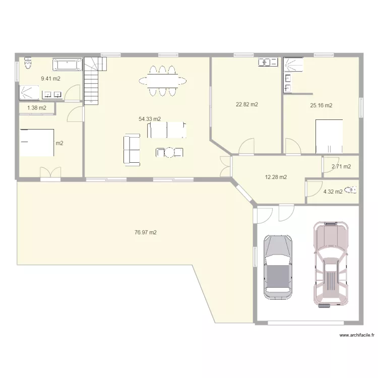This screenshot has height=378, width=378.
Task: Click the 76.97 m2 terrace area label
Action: click(146, 232)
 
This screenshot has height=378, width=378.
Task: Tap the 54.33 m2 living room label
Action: click(150, 119)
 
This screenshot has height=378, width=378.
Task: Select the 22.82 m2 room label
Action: click(247, 105)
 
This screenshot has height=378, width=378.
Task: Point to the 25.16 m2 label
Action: click(321, 105)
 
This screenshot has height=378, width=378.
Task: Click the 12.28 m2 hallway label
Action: click(276, 177)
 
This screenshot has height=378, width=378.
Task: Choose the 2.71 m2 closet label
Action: click(341, 166)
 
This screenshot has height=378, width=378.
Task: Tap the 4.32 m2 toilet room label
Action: click(333, 192)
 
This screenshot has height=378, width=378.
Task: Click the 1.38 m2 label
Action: click(36, 108)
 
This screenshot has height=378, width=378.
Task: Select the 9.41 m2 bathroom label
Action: click(50, 79)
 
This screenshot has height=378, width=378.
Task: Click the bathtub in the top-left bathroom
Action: click(68, 65)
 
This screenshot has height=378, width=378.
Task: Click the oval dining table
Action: click(162, 81)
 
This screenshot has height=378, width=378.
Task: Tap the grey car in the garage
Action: click(278, 267)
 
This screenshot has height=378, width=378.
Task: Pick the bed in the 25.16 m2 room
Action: click(329, 136)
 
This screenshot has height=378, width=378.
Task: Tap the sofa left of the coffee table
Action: click(132, 149)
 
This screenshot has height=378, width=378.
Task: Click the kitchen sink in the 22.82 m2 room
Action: click(268, 62)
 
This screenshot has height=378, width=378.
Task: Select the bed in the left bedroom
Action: click(37, 143)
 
